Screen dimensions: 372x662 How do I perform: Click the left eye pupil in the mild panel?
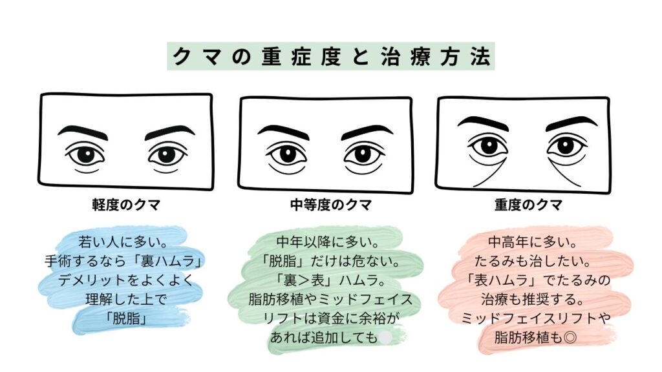point(85,156)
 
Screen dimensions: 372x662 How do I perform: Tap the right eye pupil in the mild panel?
point(167,156)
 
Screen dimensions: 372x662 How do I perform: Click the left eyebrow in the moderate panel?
point(283,130)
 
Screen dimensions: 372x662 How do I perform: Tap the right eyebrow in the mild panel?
point(169,131)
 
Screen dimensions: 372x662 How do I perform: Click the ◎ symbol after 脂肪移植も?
point(570,337)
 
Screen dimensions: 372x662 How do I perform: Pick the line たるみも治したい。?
point(534,262)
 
